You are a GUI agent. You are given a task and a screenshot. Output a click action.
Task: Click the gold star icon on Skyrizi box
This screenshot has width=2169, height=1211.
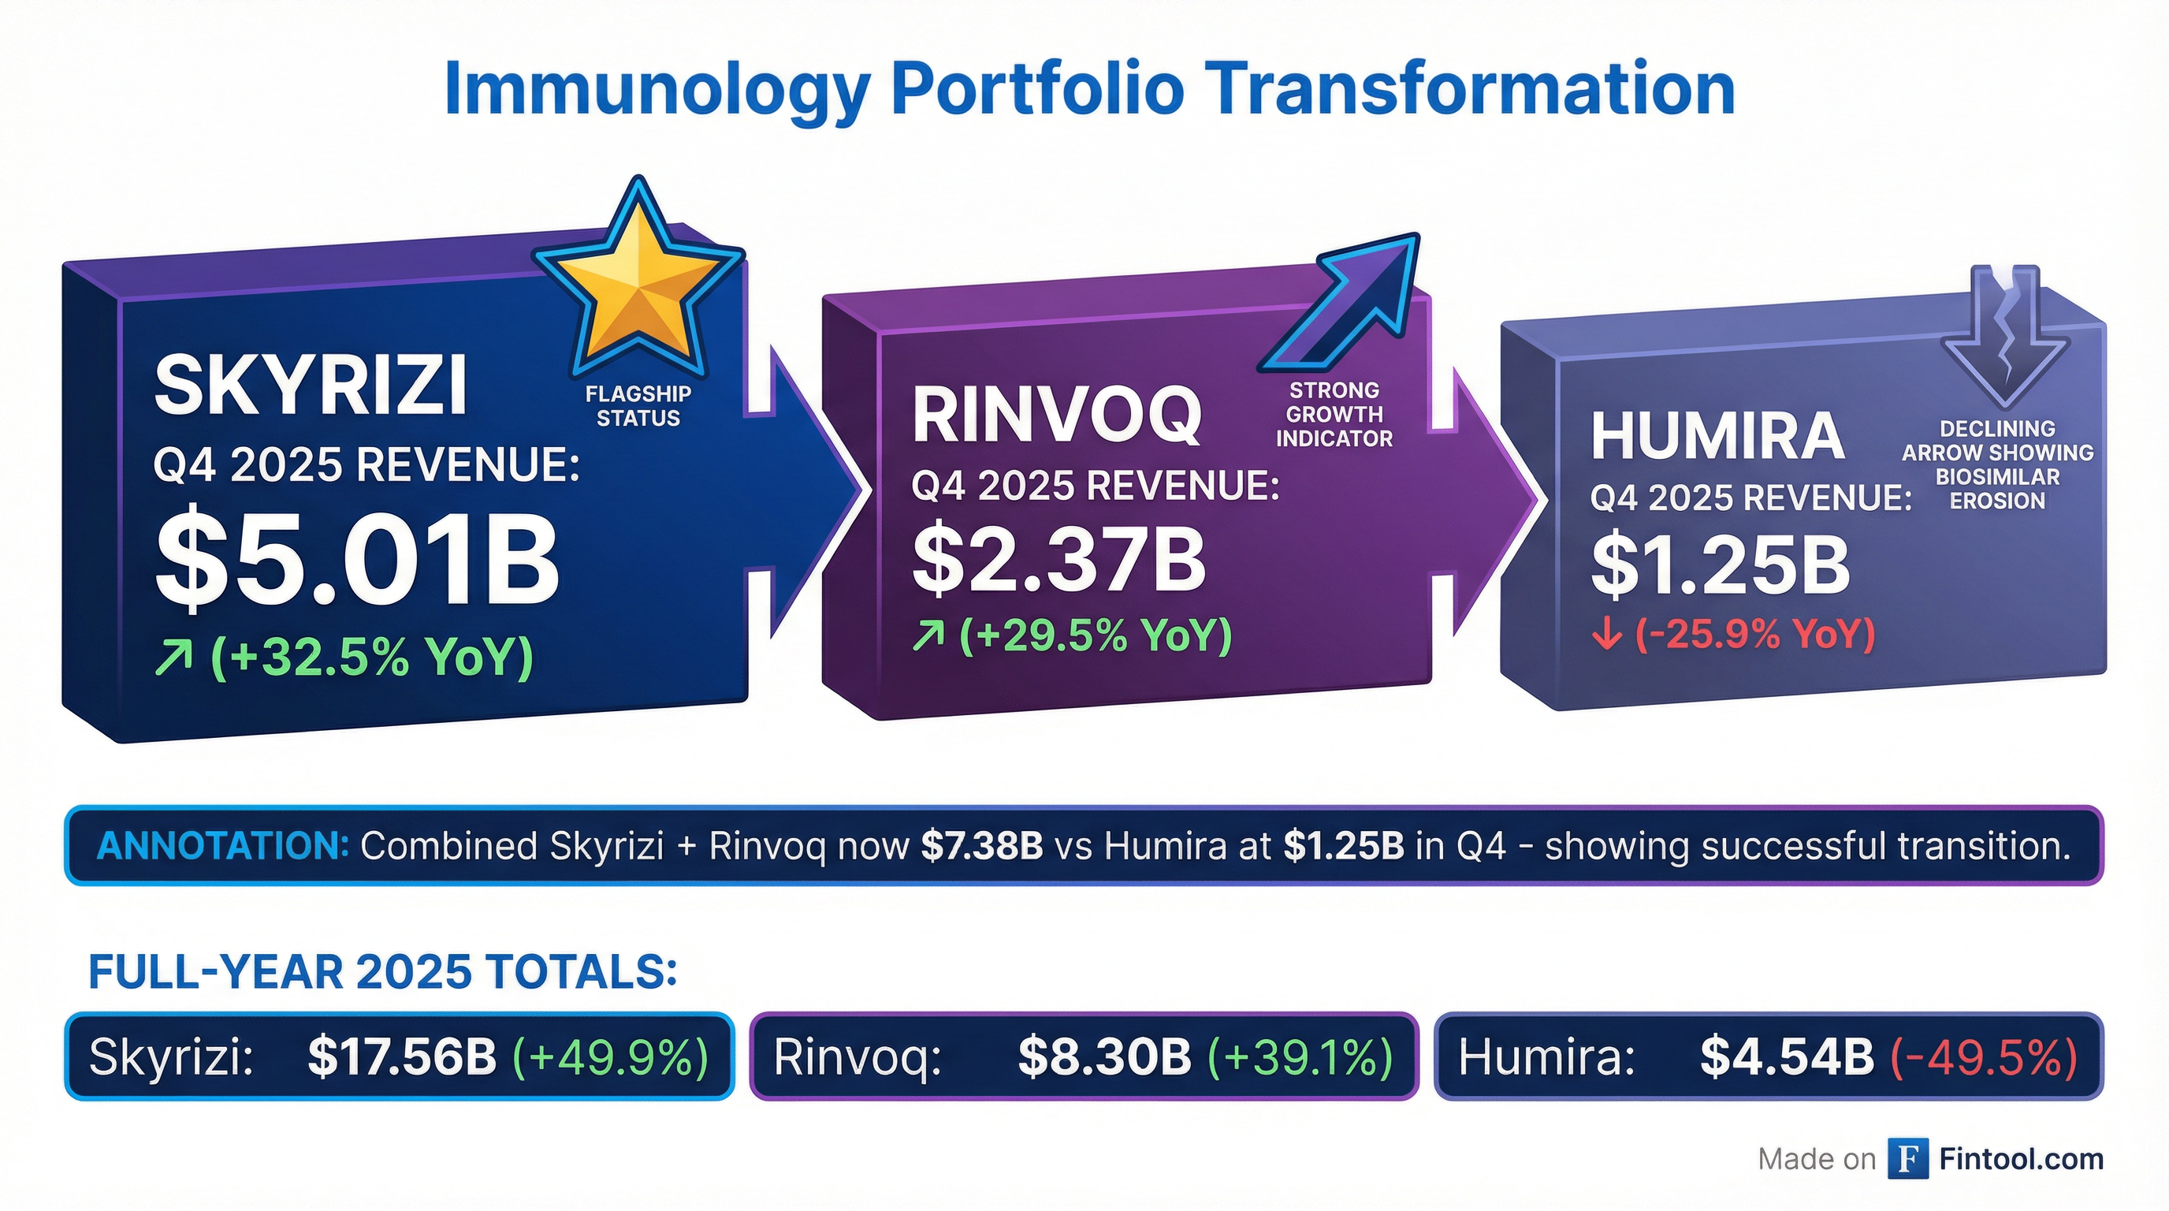[638, 282]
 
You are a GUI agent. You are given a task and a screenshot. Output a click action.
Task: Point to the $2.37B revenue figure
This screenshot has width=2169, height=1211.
[1059, 558]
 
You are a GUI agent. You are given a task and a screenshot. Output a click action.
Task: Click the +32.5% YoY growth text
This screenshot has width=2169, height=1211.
[344, 656]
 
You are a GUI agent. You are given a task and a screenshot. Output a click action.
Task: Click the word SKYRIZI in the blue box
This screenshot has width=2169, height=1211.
[310, 386]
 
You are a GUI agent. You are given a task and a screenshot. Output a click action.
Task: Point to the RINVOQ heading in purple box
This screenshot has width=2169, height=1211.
[1057, 415]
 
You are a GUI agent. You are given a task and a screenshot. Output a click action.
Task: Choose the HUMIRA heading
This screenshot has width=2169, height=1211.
[1717, 435]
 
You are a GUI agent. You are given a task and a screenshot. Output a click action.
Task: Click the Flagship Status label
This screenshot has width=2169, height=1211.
[638, 406]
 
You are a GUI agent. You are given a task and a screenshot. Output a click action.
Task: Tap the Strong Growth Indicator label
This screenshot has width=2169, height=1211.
[1334, 415]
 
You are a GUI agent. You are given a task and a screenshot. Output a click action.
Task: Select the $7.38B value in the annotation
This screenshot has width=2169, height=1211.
[982, 845]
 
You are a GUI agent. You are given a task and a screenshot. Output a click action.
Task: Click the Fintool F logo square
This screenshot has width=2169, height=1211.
[1907, 1160]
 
